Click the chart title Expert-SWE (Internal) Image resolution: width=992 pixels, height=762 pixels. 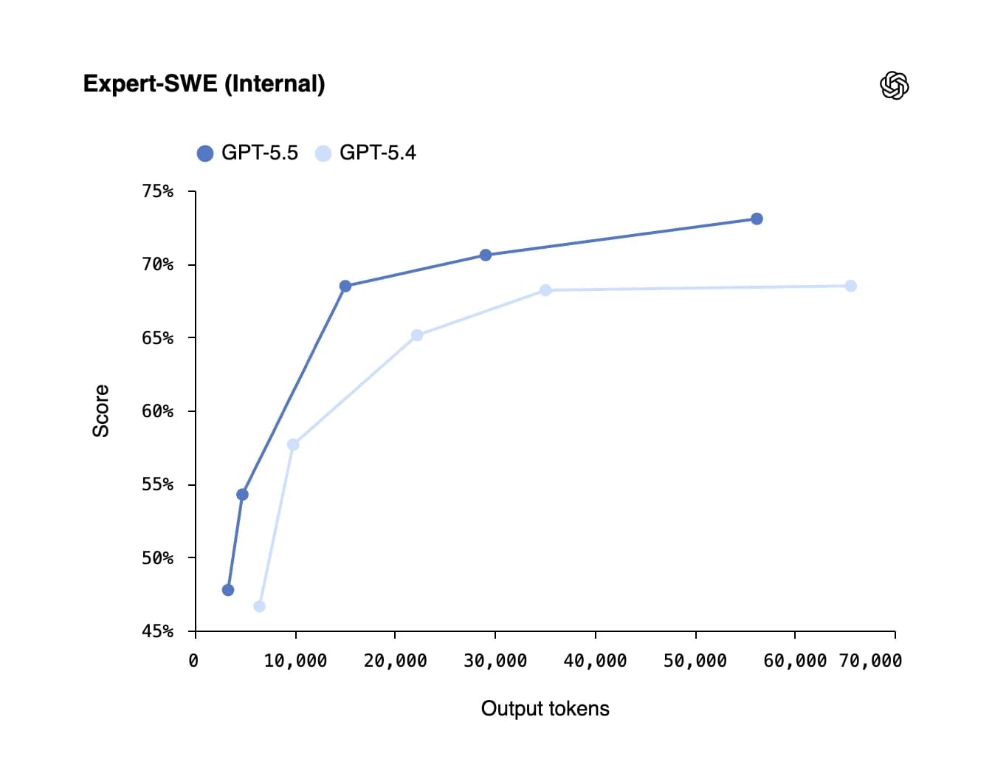point(204,83)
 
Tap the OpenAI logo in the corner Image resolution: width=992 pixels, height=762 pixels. point(894,86)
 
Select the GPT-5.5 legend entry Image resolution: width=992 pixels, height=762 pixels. point(248,153)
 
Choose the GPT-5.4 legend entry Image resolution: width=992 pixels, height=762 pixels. point(366,153)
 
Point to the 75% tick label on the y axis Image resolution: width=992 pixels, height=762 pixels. point(158,191)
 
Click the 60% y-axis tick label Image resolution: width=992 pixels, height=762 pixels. point(158,411)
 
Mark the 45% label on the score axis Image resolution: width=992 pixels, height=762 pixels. point(158,631)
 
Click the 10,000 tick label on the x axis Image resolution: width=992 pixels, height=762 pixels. point(295,661)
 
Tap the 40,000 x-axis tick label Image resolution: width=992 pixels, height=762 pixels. point(595,661)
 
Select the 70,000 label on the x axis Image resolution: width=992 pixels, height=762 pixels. point(870,661)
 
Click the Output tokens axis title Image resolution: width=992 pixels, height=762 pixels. point(545,709)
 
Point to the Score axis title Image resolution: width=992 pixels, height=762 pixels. point(100,411)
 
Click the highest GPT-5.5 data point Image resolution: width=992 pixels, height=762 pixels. point(757,219)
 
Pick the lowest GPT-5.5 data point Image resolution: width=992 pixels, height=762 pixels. point(228,590)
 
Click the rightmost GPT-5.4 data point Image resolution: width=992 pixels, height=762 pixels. point(850,286)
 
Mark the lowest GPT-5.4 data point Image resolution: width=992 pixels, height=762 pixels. point(259,606)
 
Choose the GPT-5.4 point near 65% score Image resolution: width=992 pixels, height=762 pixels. point(417,335)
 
